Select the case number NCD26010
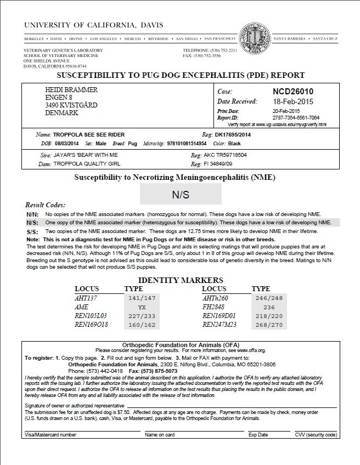coord(295,91)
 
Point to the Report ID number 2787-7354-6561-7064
coord(296,117)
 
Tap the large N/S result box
coord(181,194)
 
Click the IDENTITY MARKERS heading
coord(180,280)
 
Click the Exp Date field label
coord(258,434)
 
